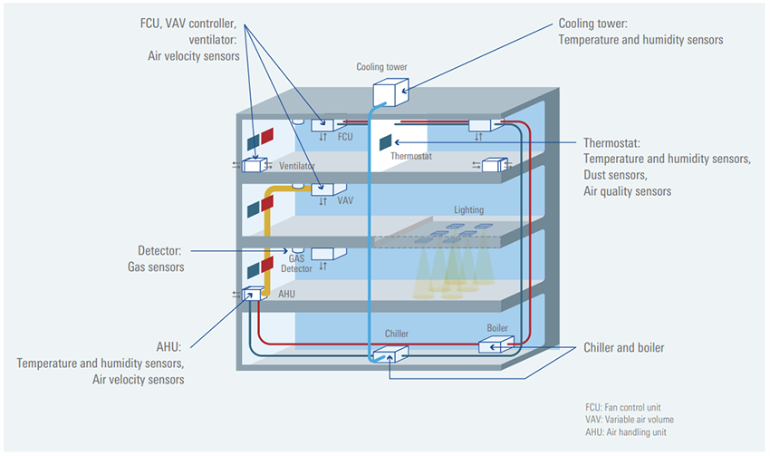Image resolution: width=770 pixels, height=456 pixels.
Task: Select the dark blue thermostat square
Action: coord(385,141)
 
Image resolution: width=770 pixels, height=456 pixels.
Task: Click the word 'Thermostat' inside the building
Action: coord(411,156)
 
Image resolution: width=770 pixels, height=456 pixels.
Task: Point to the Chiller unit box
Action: coord(398,352)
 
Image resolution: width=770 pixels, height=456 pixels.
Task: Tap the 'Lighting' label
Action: coord(469,210)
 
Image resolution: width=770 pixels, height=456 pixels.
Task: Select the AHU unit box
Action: coord(251,293)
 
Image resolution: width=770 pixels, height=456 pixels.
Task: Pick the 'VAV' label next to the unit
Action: coord(345,201)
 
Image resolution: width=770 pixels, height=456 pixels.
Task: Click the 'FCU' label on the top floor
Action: coord(345,138)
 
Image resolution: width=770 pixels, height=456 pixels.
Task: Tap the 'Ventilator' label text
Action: coord(297,167)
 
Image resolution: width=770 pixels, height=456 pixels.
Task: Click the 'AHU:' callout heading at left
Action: coord(169,347)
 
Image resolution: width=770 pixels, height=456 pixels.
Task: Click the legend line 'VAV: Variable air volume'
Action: coord(630,420)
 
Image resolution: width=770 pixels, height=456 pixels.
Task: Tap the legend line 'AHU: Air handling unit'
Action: coord(624,432)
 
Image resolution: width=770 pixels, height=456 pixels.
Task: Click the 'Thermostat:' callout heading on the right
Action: coord(611,142)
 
